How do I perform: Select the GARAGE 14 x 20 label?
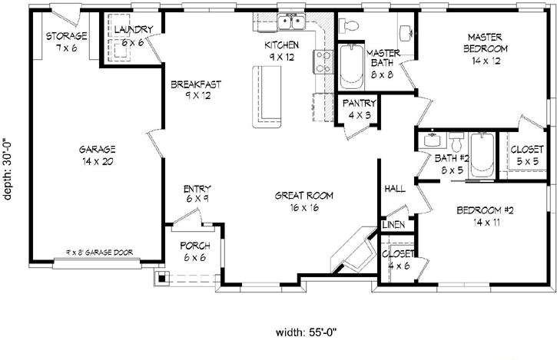[97, 155]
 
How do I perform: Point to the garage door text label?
[98, 253]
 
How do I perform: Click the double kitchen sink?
[293, 21]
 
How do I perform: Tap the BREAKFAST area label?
[186, 90]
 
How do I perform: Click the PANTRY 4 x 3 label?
[359, 108]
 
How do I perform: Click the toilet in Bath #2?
[456, 144]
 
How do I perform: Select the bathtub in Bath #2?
[482, 156]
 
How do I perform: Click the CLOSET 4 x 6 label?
[398, 259]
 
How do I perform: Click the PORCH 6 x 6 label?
[195, 251]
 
